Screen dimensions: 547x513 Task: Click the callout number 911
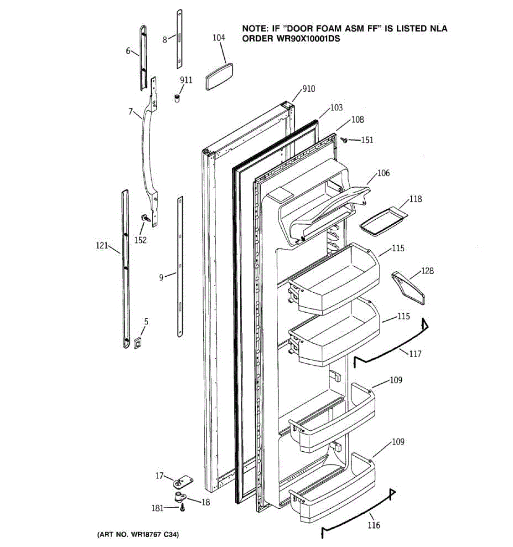coord(186,80)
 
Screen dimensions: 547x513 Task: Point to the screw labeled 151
coord(345,140)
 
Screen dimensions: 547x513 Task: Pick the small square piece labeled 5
coord(138,342)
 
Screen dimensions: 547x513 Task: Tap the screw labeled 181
coord(182,507)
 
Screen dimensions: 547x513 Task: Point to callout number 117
coord(415,354)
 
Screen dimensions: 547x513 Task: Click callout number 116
coord(373,526)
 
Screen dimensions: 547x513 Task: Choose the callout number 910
coord(309,89)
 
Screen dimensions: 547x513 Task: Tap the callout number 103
coord(337,108)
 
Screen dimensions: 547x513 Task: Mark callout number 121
coord(102,246)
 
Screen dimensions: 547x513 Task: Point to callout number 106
coord(383,173)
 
